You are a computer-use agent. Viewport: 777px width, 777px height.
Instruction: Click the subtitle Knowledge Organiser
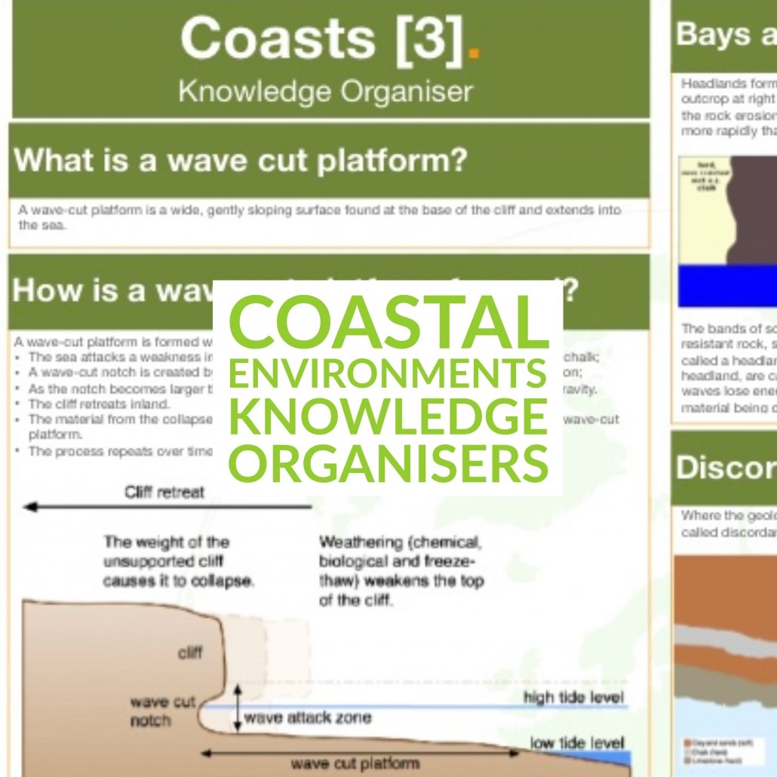(325, 91)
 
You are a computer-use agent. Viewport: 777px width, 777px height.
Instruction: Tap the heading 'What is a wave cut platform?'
(241, 161)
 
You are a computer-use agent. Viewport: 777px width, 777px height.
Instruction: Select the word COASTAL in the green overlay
(388, 319)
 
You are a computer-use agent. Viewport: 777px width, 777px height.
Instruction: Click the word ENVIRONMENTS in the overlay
(388, 373)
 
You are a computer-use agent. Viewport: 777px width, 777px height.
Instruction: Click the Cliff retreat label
(164, 493)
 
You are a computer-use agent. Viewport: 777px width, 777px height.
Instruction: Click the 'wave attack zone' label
(308, 717)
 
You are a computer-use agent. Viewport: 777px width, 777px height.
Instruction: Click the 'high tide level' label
(574, 697)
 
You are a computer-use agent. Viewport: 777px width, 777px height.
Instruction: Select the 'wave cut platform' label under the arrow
(346, 763)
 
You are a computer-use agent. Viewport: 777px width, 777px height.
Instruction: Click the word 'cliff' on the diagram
(189, 652)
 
